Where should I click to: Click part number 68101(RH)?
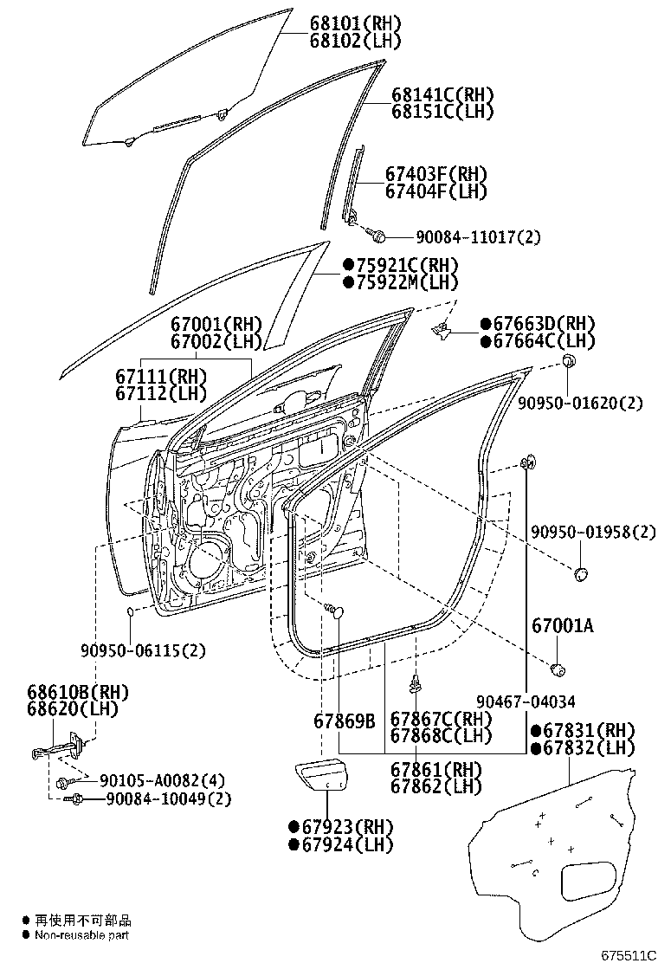(x=355, y=23)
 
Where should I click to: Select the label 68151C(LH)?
(x=442, y=111)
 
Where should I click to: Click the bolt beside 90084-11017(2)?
(x=378, y=234)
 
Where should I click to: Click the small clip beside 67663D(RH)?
(x=442, y=327)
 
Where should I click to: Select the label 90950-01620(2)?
(x=581, y=403)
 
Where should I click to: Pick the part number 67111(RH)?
(x=161, y=377)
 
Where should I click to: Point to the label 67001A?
(x=563, y=624)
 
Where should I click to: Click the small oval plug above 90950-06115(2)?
(x=129, y=614)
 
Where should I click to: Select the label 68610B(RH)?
(x=71, y=691)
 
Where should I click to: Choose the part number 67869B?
(x=344, y=720)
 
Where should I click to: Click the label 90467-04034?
(x=525, y=701)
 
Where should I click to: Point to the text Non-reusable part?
(x=82, y=935)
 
